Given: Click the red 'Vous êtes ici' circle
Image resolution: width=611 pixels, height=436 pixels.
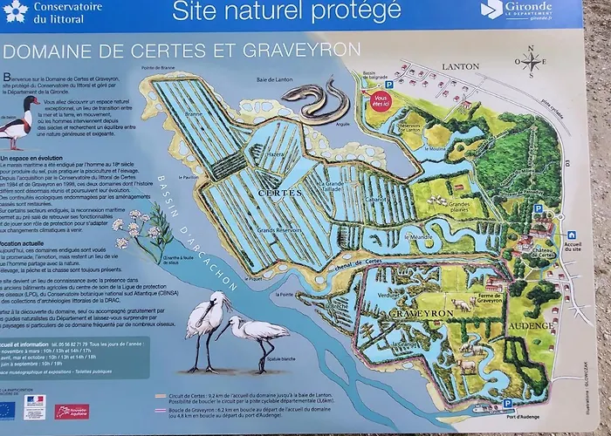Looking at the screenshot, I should click(x=379, y=100).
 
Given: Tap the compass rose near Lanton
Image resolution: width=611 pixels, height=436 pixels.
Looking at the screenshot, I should click(x=530, y=63).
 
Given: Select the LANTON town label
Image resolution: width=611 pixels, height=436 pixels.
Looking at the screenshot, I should click(x=461, y=66).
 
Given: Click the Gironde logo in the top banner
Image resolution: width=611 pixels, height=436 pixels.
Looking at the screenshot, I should click(x=517, y=10).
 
